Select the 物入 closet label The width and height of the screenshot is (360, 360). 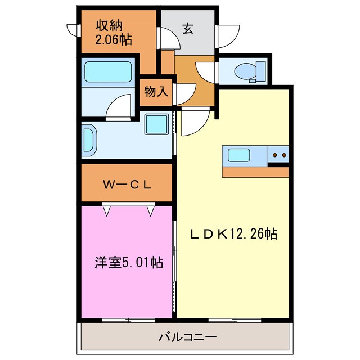(156, 92)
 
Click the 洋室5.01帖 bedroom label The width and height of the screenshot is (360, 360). (128, 262)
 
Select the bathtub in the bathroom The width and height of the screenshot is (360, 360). (109, 73)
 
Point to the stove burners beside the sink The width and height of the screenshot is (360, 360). (278, 154)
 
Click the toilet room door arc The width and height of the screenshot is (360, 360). (206, 71)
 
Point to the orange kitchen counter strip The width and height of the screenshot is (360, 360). (255, 172)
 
